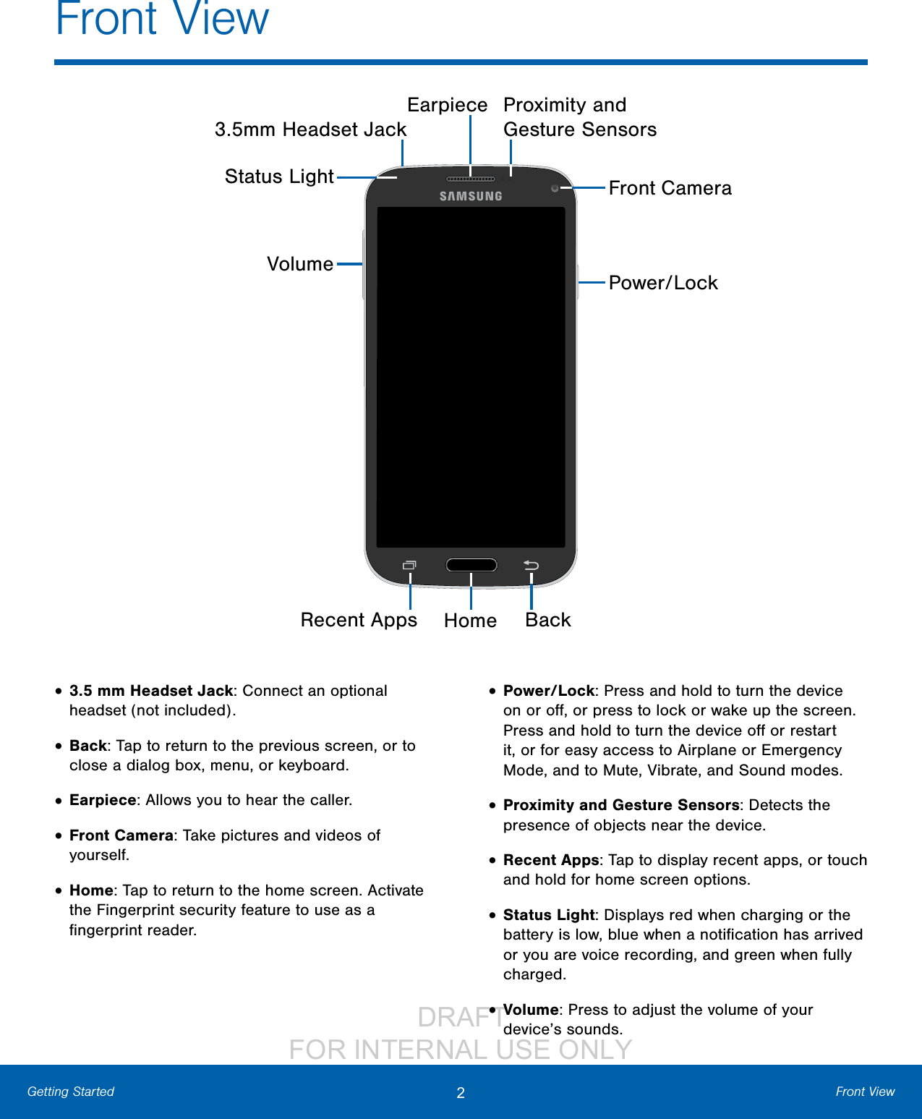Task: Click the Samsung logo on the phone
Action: [x=471, y=196]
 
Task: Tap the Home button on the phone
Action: [x=471, y=565]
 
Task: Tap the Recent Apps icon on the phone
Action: [x=409, y=565]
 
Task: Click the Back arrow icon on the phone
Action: [x=532, y=565]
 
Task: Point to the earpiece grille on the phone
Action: [x=471, y=179]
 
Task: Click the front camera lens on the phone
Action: [x=555, y=188]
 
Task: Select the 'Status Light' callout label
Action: [x=279, y=176]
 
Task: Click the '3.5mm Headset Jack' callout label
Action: [x=310, y=129]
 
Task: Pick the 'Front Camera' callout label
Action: [x=670, y=188]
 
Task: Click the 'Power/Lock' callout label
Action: [x=663, y=283]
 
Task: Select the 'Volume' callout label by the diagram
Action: [x=300, y=264]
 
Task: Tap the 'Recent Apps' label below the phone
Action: [x=359, y=620]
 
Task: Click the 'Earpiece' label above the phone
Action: [x=447, y=105]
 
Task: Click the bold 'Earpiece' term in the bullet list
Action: [x=103, y=800]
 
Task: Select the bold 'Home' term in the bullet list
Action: [x=91, y=890]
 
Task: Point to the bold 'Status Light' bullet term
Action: [x=548, y=915]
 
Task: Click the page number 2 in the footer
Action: [x=461, y=1092]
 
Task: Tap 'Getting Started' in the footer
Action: [x=71, y=1092]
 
